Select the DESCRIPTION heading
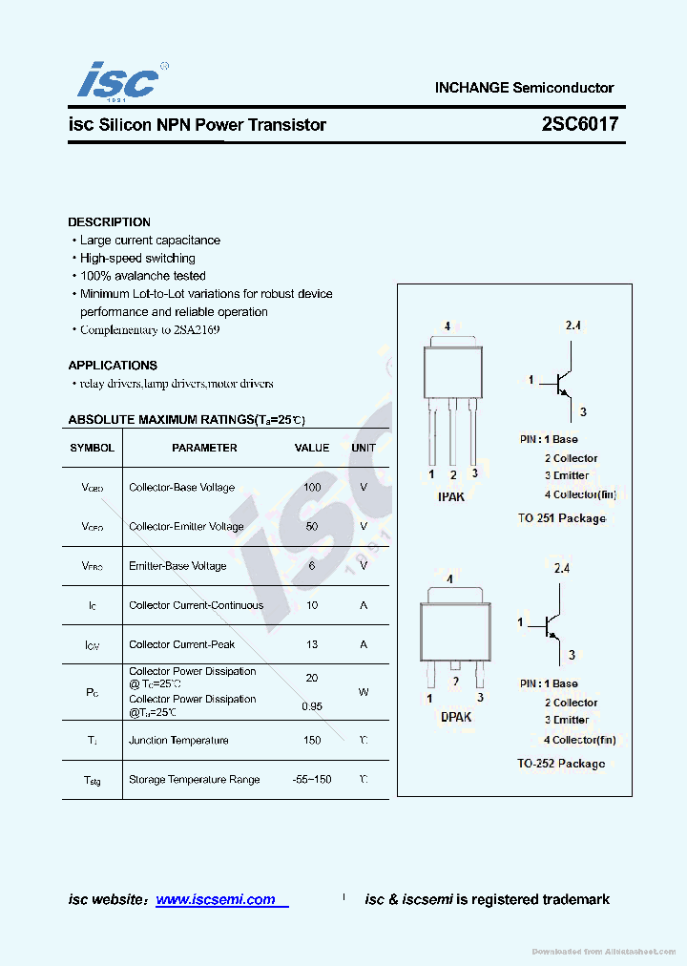(x=109, y=222)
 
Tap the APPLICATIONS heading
(x=113, y=366)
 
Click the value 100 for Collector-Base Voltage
(x=312, y=487)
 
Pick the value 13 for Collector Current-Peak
(x=312, y=644)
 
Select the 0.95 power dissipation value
(x=312, y=706)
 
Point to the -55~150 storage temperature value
(x=312, y=780)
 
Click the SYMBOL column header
(x=93, y=448)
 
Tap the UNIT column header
(x=364, y=448)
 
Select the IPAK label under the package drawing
(x=451, y=496)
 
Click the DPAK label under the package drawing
(x=455, y=717)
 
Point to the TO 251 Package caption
(x=561, y=518)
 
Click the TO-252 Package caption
(x=561, y=764)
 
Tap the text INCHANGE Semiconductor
(x=524, y=88)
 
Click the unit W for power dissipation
(x=364, y=692)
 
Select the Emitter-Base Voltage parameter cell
(x=177, y=566)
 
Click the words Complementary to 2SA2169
(x=151, y=329)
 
